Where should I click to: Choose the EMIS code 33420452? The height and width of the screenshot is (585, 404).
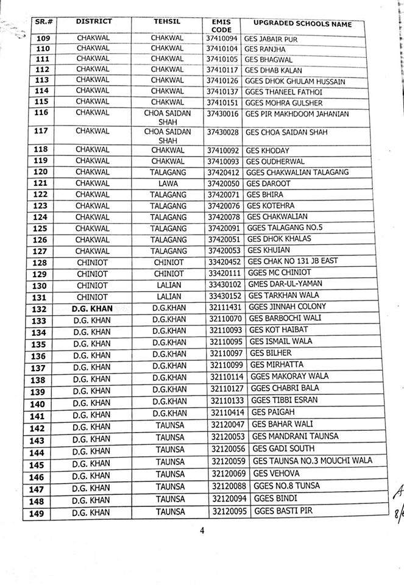[224, 261]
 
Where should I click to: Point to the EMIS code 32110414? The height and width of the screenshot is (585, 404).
[227, 416]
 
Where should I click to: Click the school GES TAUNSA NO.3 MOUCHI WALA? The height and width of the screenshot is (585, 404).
[312, 461]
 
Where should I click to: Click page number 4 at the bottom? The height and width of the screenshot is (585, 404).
[202, 530]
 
